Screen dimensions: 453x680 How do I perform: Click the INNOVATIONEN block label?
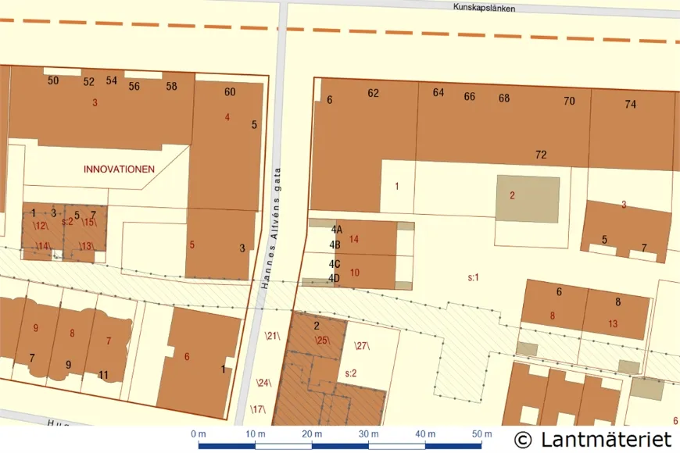pyautogui.click(x=119, y=169)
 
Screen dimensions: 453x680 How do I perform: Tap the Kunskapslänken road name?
pyautogui.click(x=484, y=7)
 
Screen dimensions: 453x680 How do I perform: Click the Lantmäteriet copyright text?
pyautogui.click(x=593, y=438)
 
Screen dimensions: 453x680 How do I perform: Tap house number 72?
pyautogui.click(x=541, y=155)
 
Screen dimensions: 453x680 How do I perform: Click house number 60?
pyautogui.click(x=230, y=92)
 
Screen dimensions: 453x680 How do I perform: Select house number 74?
pyautogui.click(x=631, y=104)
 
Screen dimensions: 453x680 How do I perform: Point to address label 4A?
pyautogui.click(x=337, y=230)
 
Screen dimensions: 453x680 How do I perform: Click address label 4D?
pyautogui.click(x=335, y=278)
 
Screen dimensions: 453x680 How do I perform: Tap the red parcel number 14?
pyautogui.click(x=354, y=239)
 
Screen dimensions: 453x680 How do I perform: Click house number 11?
pyautogui.click(x=103, y=375)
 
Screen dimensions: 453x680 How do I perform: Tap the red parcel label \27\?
pyautogui.click(x=361, y=346)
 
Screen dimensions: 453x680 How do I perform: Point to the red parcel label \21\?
pyautogui.click(x=272, y=336)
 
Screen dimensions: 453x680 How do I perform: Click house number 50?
pyautogui.click(x=53, y=80)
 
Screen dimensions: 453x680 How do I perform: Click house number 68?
pyautogui.click(x=504, y=98)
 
